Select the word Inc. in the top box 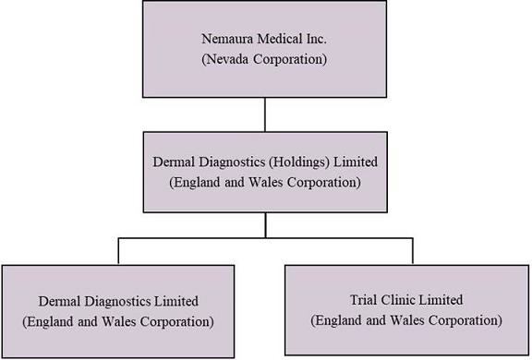click(316, 39)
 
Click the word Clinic click(397, 300)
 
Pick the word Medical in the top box click(279, 39)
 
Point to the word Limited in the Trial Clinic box click(441, 300)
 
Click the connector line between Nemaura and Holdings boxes click(265, 114)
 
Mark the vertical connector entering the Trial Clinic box click(413, 251)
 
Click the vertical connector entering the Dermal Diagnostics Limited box click(118, 251)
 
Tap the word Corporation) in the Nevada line click(290, 59)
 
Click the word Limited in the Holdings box click(356, 162)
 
